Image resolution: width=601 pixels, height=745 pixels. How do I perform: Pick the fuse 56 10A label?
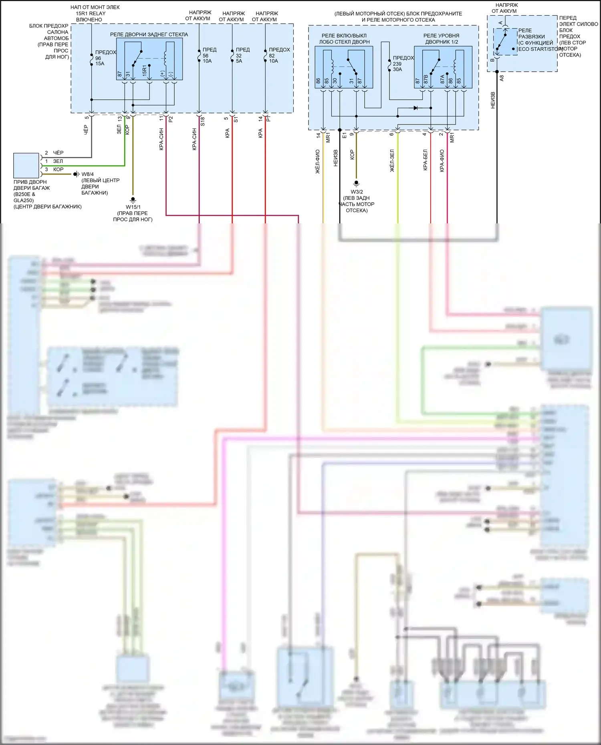tap(209, 55)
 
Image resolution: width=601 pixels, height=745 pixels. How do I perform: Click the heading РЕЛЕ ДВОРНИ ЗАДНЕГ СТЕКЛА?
tap(149, 34)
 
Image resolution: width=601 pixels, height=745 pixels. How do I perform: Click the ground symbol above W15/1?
tap(133, 200)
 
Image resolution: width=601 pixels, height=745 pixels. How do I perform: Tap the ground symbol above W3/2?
tap(356, 183)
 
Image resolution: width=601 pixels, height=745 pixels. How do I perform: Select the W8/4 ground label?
tap(88, 174)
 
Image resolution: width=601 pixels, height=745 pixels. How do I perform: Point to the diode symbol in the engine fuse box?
tap(415, 108)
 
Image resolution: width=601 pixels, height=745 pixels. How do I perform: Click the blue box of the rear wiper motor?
tap(26, 165)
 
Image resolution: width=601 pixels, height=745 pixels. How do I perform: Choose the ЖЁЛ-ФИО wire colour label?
tap(318, 161)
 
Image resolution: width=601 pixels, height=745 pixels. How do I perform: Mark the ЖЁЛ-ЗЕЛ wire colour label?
tap(392, 161)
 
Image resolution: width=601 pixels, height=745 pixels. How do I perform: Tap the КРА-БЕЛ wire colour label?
tap(425, 160)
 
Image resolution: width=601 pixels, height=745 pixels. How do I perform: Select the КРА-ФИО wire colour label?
tap(442, 161)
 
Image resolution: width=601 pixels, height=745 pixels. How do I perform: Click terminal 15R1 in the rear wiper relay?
tap(145, 71)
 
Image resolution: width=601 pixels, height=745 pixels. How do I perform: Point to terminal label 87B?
tap(426, 79)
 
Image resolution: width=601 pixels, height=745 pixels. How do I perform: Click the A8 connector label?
tap(502, 78)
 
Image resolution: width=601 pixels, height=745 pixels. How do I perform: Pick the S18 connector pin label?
tap(203, 121)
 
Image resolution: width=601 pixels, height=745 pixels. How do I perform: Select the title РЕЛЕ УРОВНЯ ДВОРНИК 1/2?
tap(442, 38)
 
